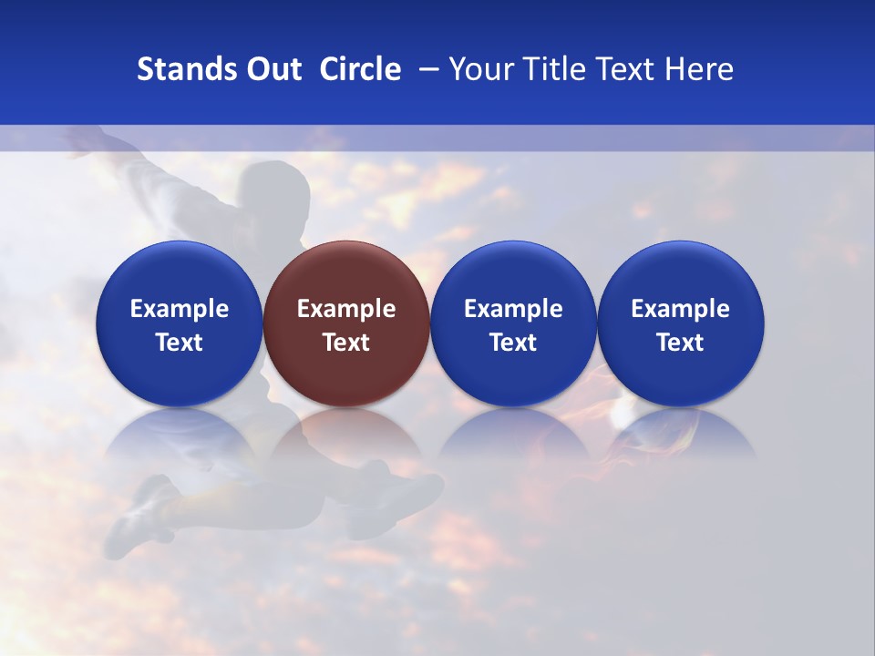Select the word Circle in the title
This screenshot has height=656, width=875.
point(360,69)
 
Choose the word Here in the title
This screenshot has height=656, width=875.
point(698,69)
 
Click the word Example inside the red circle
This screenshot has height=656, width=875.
point(346,309)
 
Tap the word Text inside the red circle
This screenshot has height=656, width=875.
point(346,343)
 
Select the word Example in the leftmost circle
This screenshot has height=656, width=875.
point(179,309)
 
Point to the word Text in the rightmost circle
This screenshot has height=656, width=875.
point(681,343)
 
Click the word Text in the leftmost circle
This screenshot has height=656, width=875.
point(179,343)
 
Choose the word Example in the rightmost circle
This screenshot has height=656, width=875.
point(681,309)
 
